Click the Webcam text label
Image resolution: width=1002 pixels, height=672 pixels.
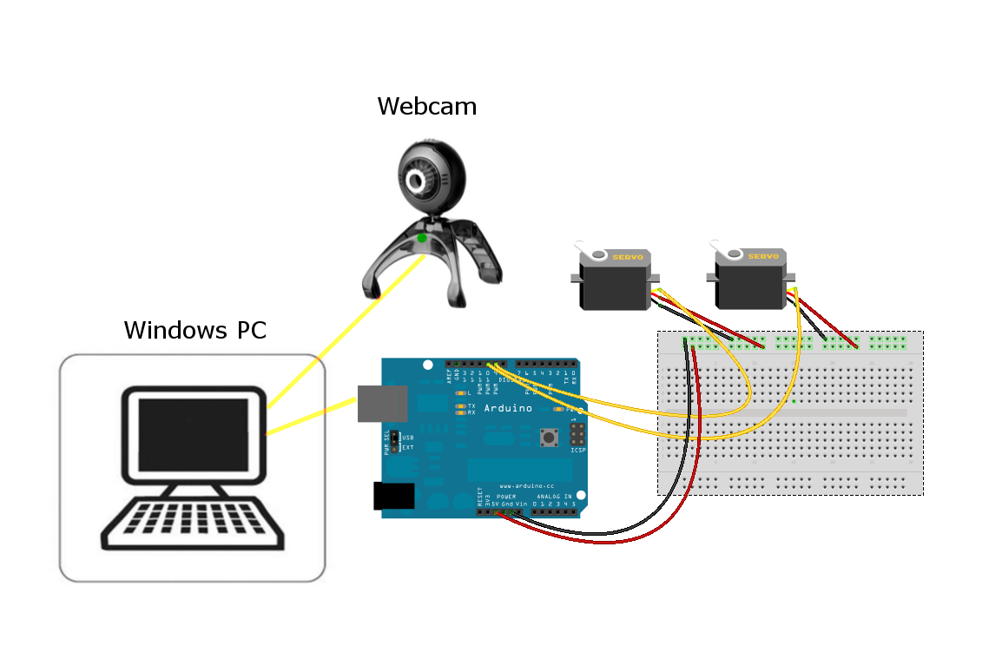pos(426,107)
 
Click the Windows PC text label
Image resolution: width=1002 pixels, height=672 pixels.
pos(194,330)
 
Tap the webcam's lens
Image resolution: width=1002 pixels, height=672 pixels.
pos(419,181)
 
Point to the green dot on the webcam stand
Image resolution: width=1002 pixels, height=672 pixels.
pos(422,238)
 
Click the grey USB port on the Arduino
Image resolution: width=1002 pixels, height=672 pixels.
pos(382,404)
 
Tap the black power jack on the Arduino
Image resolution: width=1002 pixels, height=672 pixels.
pos(393,496)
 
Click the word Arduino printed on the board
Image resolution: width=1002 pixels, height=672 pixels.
pos(509,408)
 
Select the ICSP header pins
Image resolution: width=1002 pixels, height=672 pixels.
pos(577,433)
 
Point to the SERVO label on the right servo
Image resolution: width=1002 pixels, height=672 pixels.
pos(763,256)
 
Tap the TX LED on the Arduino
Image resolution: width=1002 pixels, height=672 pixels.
pos(460,405)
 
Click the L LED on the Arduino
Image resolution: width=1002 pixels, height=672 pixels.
pos(460,393)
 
